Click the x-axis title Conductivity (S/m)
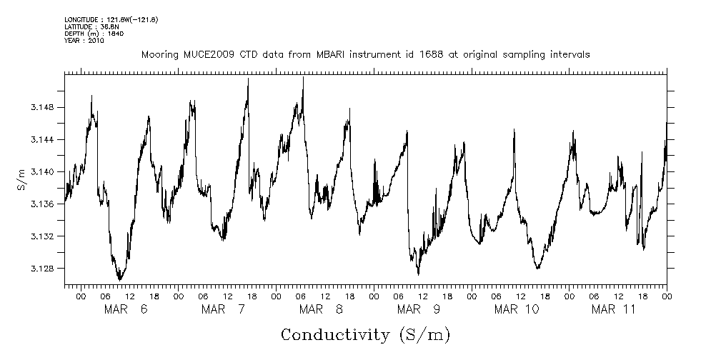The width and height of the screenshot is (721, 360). click(x=366, y=334)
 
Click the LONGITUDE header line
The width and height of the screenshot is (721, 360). click(x=111, y=19)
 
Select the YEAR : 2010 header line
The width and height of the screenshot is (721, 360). click(x=84, y=41)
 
